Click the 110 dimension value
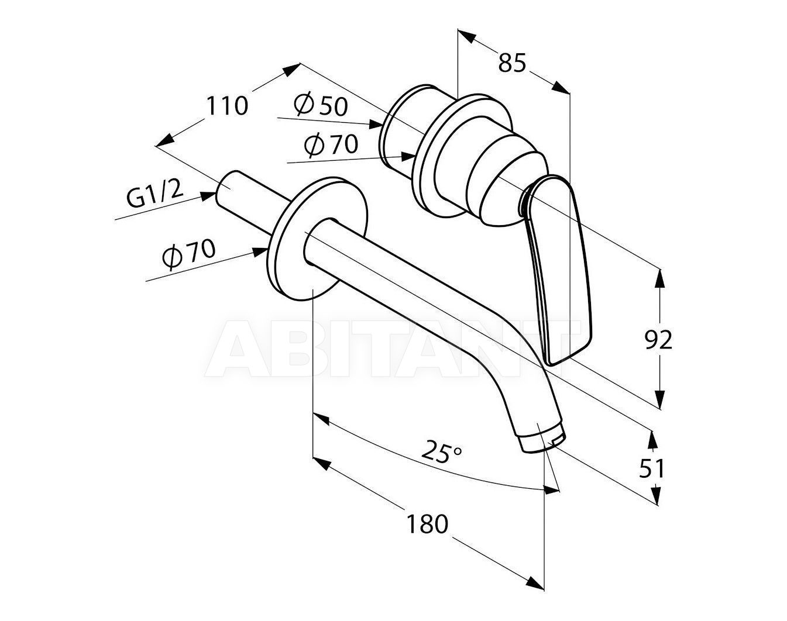[228, 106]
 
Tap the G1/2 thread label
[154, 195]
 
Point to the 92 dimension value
[658, 340]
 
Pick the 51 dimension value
[651, 469]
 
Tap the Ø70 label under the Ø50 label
[331, 145]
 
